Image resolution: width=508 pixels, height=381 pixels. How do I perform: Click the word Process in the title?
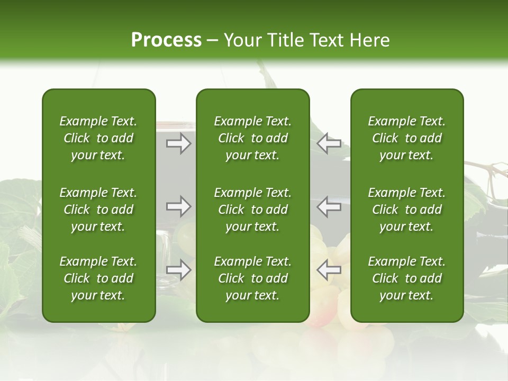point(166,40)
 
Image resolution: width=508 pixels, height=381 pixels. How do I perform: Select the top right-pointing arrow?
point(179,143)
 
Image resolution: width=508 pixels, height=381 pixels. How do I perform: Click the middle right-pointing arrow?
point(179,206)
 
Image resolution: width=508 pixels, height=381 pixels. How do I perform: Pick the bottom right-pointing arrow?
point(179,270)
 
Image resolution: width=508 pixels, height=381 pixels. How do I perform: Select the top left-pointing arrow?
point(329,143)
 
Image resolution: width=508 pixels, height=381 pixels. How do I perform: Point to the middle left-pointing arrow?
point(329,206)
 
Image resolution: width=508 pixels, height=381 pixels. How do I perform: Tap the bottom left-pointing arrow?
point(329,270)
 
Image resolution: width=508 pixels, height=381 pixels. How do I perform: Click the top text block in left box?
point(98,138)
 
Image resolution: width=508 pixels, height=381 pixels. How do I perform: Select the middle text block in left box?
point(98,210)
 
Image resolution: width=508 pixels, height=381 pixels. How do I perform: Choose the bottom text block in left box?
point(98,278)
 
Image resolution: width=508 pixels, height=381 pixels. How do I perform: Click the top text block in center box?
point(253,138)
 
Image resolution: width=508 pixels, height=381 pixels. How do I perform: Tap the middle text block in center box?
point(253,210)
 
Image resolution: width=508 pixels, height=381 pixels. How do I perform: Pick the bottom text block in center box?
point(253,278)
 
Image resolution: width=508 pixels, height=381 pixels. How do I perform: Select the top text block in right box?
point(407,138)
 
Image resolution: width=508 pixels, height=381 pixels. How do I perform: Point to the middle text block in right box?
point(407,210)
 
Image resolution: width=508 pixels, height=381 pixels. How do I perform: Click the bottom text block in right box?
point(407,278)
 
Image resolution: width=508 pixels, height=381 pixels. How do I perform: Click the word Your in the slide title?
point(242,40)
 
